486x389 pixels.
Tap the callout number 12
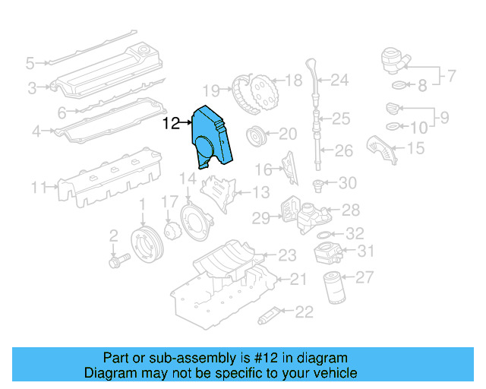171,122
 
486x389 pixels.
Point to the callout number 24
339,80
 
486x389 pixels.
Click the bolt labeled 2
118,259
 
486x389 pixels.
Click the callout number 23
287,255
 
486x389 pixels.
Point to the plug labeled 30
319,183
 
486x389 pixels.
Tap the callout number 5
30,62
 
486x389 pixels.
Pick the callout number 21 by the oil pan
298,280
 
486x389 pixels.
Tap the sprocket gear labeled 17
171,229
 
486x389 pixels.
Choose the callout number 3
33,88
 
